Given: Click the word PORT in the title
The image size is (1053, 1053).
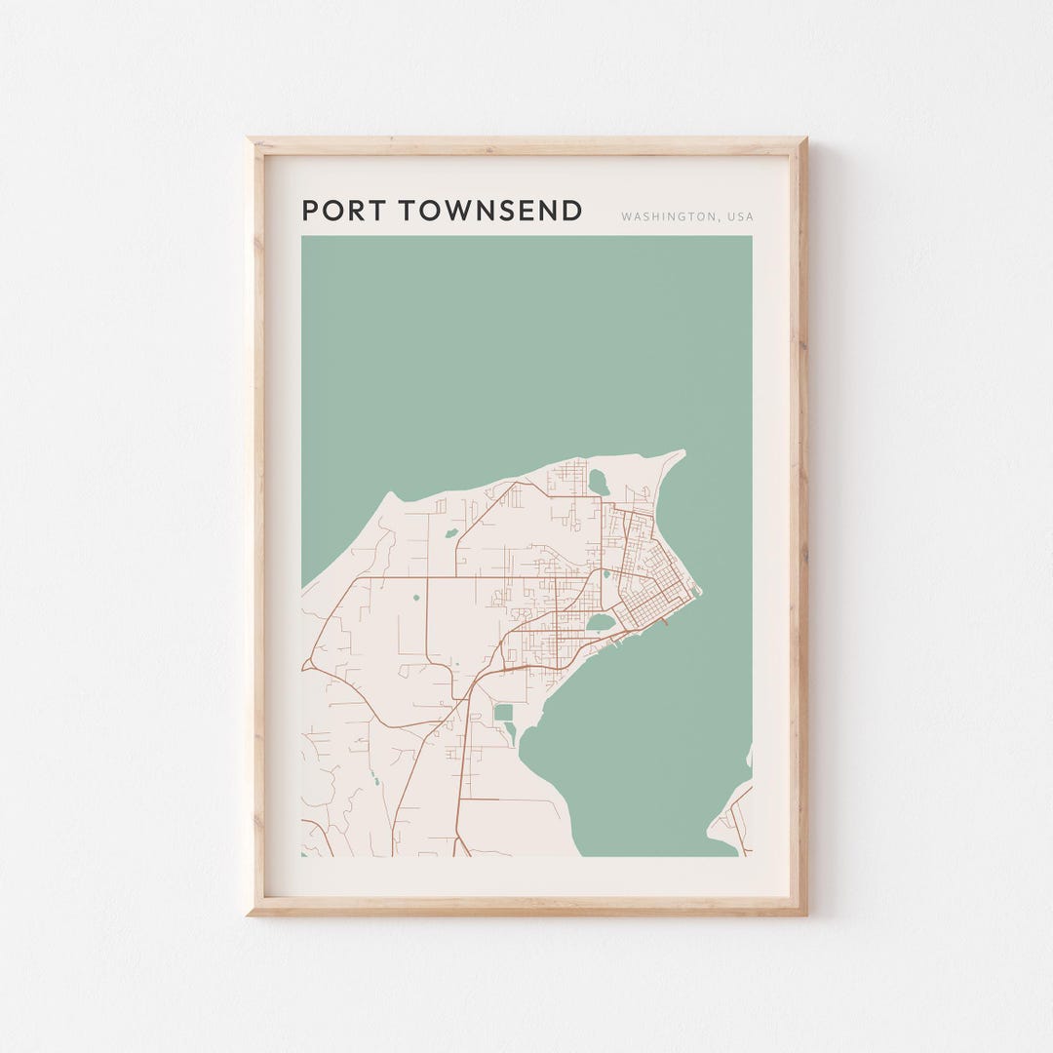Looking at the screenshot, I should point(339,211).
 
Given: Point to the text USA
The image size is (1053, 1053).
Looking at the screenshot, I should point(739,216).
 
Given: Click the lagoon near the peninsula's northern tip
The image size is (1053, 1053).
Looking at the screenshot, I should point(598,482).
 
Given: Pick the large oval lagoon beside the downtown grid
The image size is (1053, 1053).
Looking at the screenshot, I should point(601,622).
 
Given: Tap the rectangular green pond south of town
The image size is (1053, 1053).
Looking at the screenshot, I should point(503,713).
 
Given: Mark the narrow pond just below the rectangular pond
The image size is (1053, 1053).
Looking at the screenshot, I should point(510,732).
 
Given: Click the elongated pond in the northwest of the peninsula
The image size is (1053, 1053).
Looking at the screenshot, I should point(451,532).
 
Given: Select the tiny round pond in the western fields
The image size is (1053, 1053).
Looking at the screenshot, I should point(415,598).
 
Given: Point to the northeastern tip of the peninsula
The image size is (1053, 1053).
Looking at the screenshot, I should point(682,452).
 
